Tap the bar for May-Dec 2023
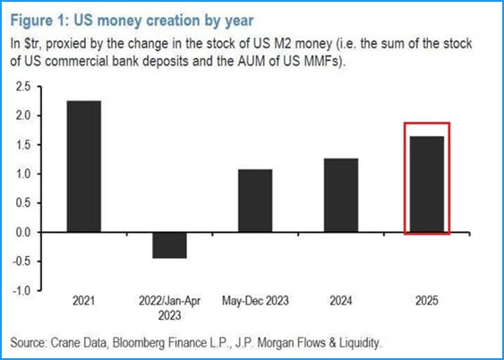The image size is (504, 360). [x=255, y=201]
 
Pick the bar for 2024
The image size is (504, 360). [x=341, y=195]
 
